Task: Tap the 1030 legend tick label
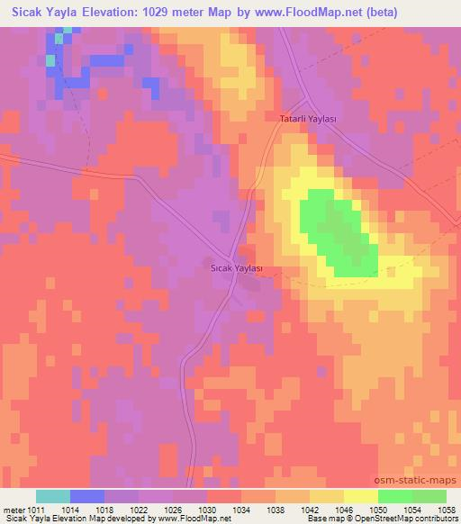click(x=208, y=509)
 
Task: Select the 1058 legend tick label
click(x=447, y=509)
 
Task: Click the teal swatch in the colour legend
click(x=53, y=496)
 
